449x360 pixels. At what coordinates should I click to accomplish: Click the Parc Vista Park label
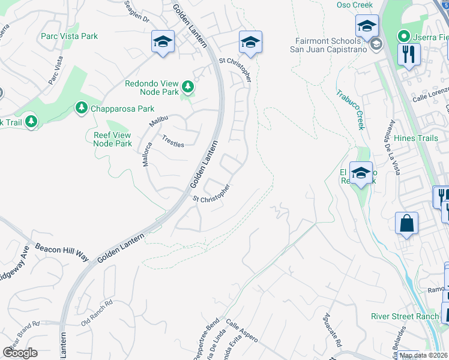click(x=69, y=37)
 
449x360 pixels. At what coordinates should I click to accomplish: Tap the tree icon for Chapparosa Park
click(x=81, y=108)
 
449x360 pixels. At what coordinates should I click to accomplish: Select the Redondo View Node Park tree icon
click(x=188, y=88)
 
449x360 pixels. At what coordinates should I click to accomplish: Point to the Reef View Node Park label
click(x=113, y=139)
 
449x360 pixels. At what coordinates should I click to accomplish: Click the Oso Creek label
click(x=354, y=5)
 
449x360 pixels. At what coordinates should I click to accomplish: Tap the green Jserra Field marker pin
click(x=405, y=36)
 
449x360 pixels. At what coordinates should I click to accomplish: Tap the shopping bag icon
click(x=407, y=223)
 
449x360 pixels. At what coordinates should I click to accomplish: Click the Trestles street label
click(x=173, y=140)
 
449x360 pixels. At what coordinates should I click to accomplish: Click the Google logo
click(x=20, y=352)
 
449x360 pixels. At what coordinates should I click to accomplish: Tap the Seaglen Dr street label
click(x=137, y=13)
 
